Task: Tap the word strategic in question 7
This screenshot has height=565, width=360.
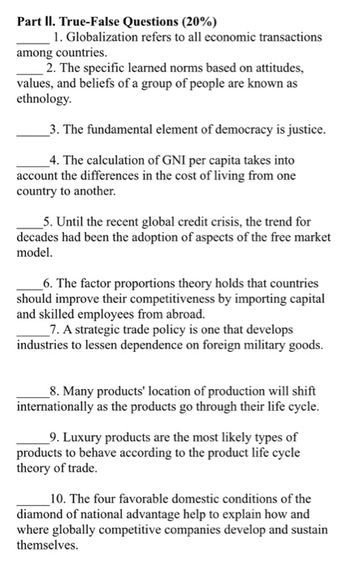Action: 104,330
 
